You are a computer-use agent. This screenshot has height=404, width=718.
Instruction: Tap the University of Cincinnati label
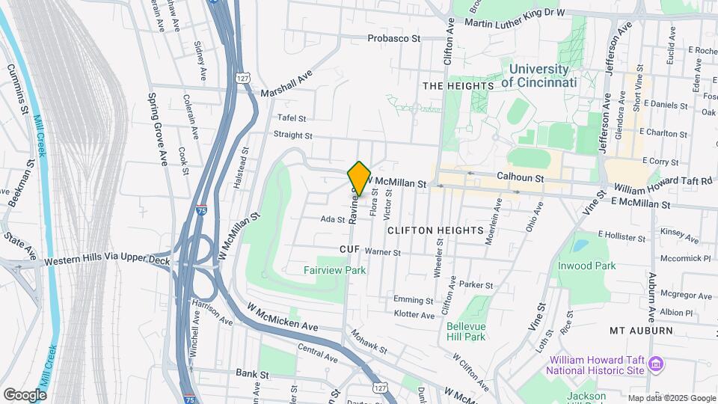[x=538, y=76]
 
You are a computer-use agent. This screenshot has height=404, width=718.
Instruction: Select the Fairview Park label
[x=335, y=270]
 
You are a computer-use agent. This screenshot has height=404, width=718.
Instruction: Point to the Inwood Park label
[x=586, y=266]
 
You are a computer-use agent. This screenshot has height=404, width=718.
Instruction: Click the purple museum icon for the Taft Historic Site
[x=656, y=364]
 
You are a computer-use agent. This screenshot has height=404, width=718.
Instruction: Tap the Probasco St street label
[x=394, y=38]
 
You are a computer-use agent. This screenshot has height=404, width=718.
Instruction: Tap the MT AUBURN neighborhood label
[x=637, y=330]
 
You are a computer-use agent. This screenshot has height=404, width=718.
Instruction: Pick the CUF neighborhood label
[x=350, y=248]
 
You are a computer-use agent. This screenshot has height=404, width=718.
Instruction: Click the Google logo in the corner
[x=25, y=394]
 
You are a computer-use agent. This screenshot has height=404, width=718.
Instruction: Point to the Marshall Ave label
[x=286, y=86]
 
